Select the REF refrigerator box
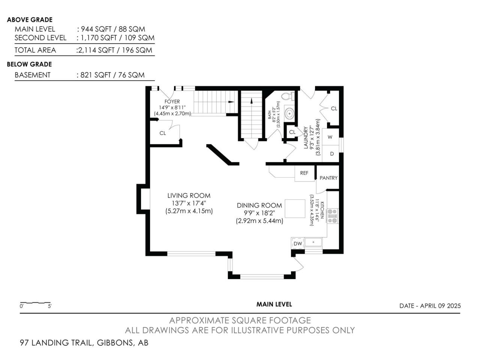(304, 173)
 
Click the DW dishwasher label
(298, 243)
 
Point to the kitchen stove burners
(332, 216)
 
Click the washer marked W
(330, 137)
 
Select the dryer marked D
(332, 154)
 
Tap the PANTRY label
(328, 178)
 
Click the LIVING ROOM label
(189, 195)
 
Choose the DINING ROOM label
(259, 205)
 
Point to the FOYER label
(172, 101)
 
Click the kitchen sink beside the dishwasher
(313, 242)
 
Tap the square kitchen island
(295, 208)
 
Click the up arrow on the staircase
(252, 101)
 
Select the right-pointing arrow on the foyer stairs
(231, 102)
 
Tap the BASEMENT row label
(33, 75)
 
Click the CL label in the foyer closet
(163, 133)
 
